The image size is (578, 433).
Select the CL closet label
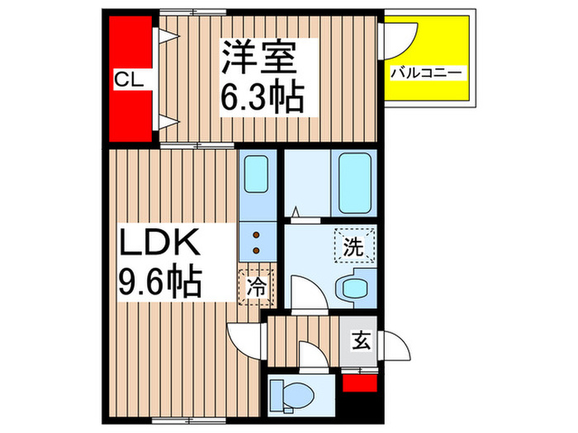(x=129, y=80)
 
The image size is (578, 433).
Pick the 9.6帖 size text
(x=162, y=282)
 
